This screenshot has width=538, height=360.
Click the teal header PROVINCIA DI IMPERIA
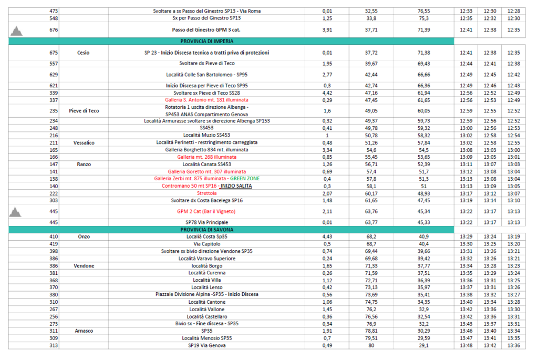point(206,40)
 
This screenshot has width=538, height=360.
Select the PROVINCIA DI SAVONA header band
point(206,230)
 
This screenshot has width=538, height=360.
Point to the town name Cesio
point(84,53)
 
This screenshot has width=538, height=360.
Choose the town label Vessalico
point(84,142)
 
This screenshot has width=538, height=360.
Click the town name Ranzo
point(84,164)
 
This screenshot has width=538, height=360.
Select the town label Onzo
point(84,236)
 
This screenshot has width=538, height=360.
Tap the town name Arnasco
point(84,331)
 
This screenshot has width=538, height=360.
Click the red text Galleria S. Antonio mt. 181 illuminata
point(206,100)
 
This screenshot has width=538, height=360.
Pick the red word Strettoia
point(206,193)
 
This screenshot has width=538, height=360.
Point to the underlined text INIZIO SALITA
point(236,186)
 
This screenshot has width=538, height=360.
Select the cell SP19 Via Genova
point(206,346)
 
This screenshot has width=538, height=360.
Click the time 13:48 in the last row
point(466,346)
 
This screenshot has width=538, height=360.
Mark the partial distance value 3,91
point(327,30)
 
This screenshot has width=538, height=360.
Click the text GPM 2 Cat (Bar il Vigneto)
point(206,212)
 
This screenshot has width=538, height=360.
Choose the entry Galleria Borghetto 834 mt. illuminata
point(206,150)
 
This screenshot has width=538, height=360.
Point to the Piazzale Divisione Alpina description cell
point(206,295)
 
